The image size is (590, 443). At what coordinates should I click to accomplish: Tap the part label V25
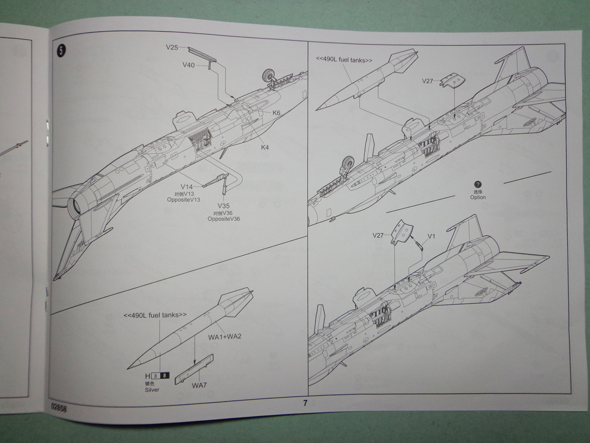[172, 48]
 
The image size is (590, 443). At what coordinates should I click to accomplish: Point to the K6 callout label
[276, 113]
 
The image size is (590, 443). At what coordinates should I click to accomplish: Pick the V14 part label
[187, 187]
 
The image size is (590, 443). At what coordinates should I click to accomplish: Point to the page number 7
[305, 403]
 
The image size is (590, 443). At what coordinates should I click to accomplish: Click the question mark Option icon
[477, 184]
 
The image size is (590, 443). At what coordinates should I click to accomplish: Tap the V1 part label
[431, 237]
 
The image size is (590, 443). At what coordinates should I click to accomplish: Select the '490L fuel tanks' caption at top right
[344, 60]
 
